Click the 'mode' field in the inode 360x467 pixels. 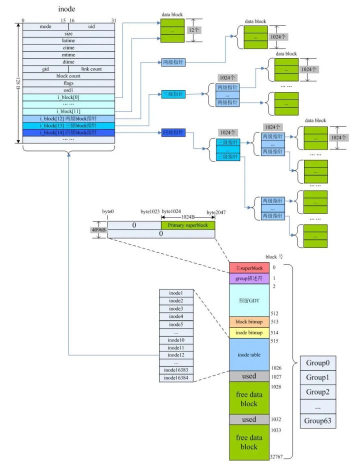coord(45,26)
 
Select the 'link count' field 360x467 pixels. coord(91,68)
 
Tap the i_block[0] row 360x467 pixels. coord(69,96)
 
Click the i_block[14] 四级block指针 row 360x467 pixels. coord(69,132)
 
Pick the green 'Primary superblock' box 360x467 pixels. coord(187,225)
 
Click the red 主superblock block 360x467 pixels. coord(249,268)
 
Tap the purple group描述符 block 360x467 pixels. coord(249,278)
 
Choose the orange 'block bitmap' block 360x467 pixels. coord(249,322)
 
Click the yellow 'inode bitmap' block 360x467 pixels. coord(249,333)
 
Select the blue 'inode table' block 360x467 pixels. coord(249,354)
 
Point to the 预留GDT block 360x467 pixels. coord(249,300)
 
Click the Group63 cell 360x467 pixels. coord(317,420)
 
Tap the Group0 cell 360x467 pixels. coord(317,363)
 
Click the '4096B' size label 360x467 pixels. coord(98,230)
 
